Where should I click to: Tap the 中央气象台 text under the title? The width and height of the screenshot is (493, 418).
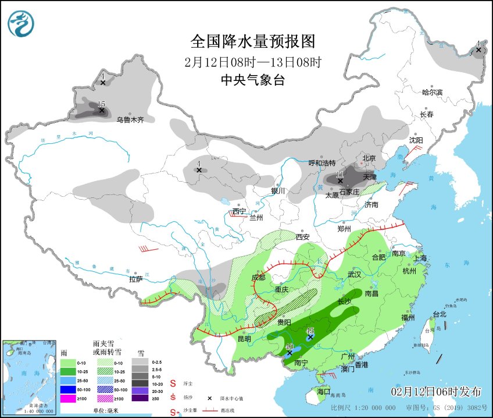pos(253,81)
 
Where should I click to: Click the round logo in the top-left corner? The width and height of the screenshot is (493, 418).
pos(21,24)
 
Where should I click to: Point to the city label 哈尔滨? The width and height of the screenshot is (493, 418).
pos(432,92)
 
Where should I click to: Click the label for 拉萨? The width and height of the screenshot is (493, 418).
pos(135,279)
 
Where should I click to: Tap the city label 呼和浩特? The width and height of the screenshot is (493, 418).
pos(322,163)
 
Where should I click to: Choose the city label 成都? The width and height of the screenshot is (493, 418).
pos(258,278)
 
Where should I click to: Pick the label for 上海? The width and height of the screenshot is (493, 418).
pos(419,258)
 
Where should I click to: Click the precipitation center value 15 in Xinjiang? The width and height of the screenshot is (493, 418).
pos(101,104)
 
